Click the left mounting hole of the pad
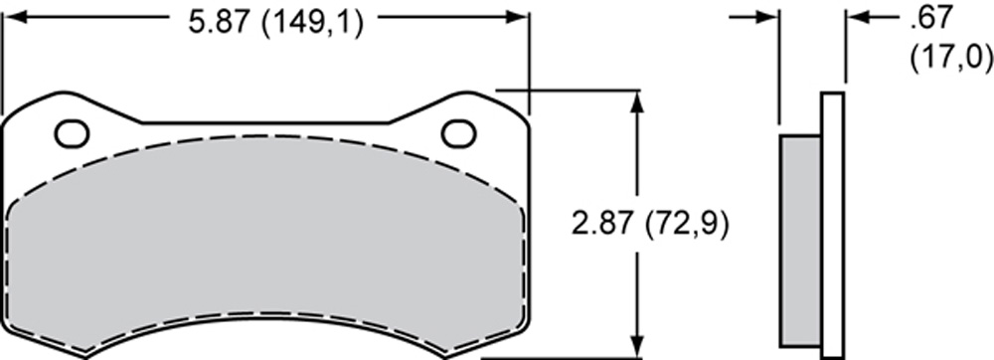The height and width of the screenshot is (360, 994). (72, 134)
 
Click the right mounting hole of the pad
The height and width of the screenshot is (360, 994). (458, 133)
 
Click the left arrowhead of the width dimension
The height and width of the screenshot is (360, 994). (14, 17)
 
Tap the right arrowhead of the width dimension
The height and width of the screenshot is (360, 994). (516, 17)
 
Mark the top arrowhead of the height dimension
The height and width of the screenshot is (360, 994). (638, 101)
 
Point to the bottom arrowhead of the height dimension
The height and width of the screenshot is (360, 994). (638, 346)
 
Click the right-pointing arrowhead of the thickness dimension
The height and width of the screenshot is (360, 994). (767, 17)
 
